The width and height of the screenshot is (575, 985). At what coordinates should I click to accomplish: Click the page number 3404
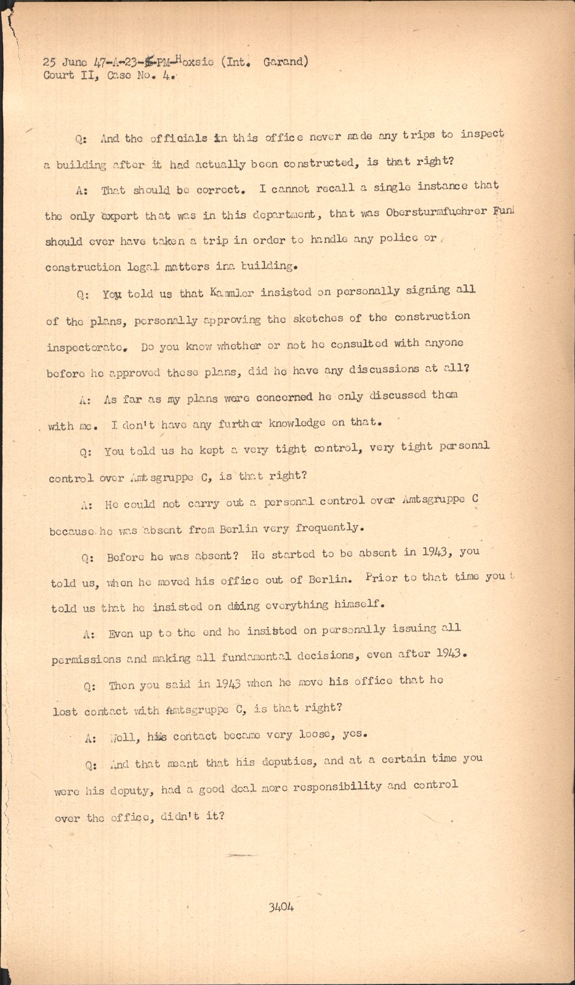tap(281, 907)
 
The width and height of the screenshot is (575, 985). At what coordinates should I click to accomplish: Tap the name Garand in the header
tap(284, 61)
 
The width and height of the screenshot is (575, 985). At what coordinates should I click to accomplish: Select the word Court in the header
tap(58, 76)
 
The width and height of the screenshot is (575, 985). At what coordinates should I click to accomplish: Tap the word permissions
tap(86, 659)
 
